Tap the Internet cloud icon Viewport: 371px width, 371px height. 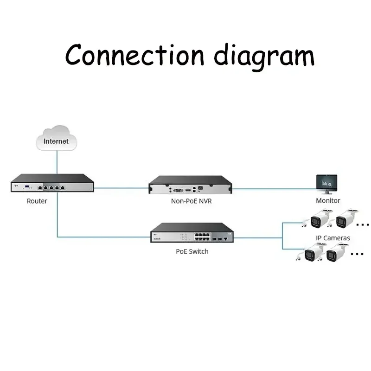click(56, 138)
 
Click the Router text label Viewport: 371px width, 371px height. click(37, 201)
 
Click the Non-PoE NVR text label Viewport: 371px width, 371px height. click(192, 201)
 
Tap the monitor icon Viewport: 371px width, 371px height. click(327, 184)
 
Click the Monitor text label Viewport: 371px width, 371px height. click(328, 201)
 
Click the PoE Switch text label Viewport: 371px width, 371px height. click(192, 251)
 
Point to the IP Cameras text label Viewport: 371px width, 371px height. click(333, 238)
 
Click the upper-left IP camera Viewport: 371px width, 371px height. click(319, 219)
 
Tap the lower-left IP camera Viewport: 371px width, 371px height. click(312, 253)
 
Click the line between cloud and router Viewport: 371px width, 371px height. click(56, 162)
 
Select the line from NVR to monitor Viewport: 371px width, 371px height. click(274, 189)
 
